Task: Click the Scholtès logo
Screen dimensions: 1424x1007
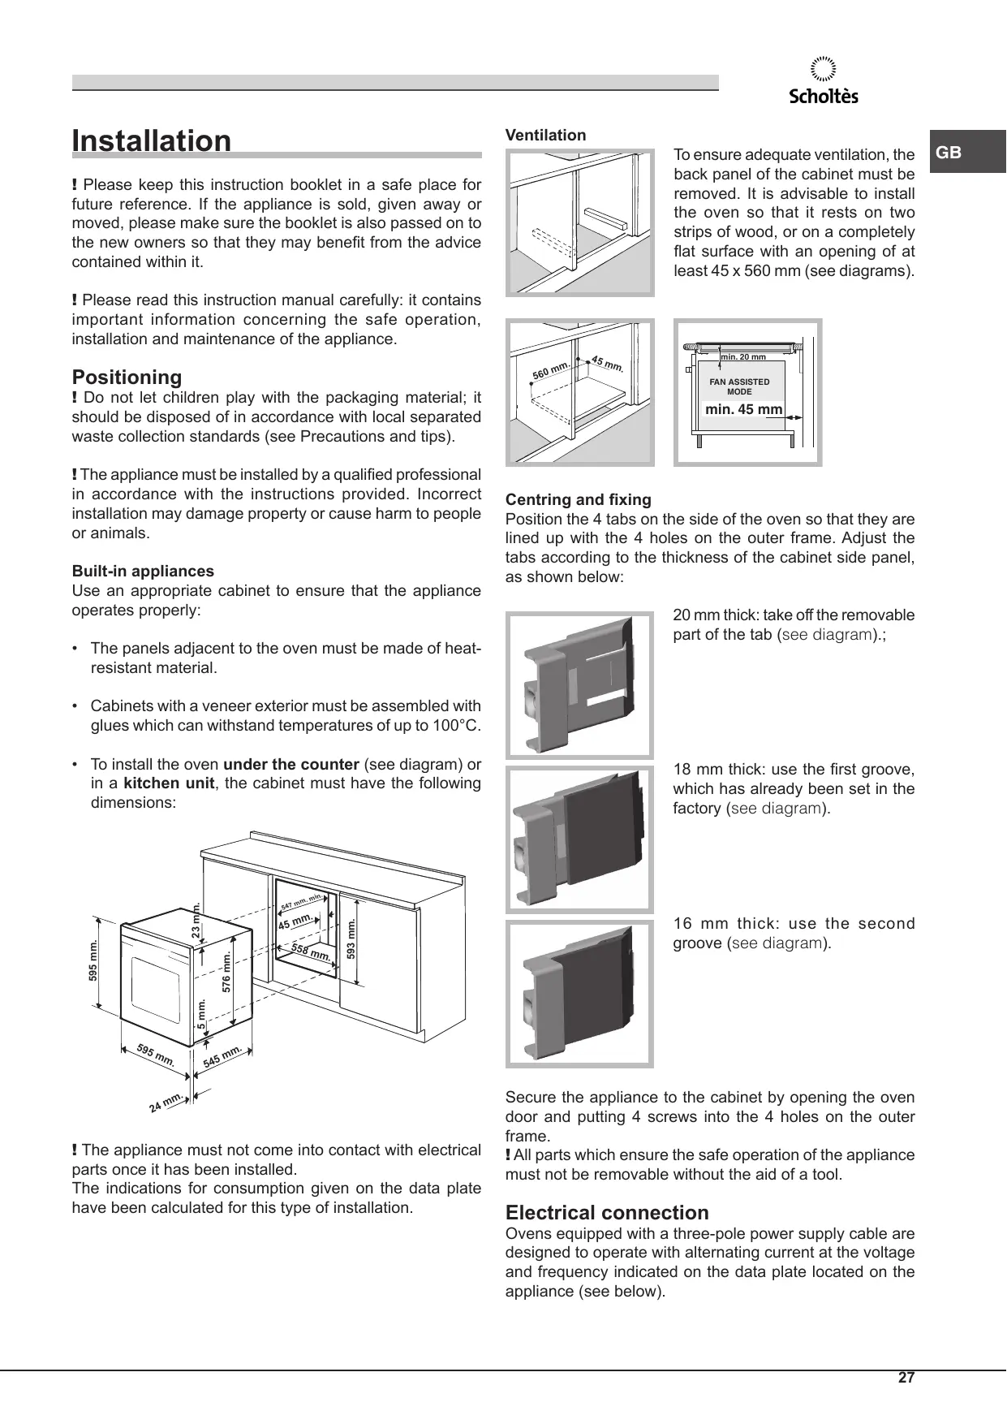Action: pyautogui.click(x=824, y=82)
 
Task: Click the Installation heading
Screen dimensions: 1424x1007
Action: pyautogui.click(x=152, y=140)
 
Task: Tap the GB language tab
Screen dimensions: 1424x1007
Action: pyautogui.click(x=949, y=153)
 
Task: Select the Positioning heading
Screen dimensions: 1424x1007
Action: pyautogui.click(x=127, y=377)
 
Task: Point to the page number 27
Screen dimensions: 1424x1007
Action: pyautogui.click(x=906, y=1378)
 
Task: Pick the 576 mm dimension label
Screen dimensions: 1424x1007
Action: pyautogui.click(x=227, y=971)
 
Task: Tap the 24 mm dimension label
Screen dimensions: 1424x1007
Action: pyautogui.click(x=166, y=1103)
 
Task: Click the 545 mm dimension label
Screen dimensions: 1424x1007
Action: pyautogui.click(x=222, y=1055)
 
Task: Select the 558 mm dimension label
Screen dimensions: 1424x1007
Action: pyautogui.click(x=311, y=953)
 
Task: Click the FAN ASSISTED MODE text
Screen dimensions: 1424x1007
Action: pyautogui.click(x=739, y=386)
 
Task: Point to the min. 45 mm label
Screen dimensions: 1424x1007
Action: pyautogui.click(x=743, y=409)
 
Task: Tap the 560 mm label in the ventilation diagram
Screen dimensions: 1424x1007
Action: pyautogui.click(x=551, y=370)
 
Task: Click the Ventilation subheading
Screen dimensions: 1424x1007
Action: pyautogui.click(x=545, y=136)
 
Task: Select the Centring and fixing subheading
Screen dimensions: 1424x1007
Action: pyautogui.click(x=578, y=499)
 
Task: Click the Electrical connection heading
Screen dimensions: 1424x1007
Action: pyautogui.click(x=607, y=1213)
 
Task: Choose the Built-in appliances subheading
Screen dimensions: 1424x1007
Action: pyautogui.click(x=143, y=571)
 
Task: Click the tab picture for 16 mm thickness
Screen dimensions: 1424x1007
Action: pyautogui.click(x=579, y=993)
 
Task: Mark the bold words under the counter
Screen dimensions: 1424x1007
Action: pyautogui.click(x=290, y=764)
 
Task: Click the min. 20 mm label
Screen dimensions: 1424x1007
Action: pyautogui.click(x=743, y=356)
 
